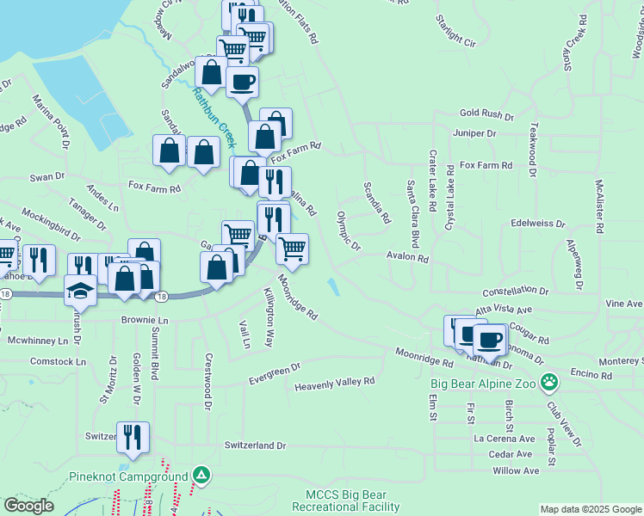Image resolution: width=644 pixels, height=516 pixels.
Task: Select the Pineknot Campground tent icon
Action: pos(201,475)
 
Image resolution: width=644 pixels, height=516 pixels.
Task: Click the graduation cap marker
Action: pos(80,290)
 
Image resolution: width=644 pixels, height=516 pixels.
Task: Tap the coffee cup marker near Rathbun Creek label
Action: pos(242,82)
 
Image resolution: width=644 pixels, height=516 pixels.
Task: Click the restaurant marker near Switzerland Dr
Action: pos(133,437)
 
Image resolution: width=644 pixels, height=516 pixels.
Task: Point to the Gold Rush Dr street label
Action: pos(486,114)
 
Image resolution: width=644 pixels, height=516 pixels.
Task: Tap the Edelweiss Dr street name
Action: pos(537,223)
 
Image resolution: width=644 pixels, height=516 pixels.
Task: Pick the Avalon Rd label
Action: pos(407,257)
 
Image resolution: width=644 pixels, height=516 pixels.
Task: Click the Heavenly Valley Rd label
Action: pos(335,381)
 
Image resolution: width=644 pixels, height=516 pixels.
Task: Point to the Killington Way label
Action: pos(269,318)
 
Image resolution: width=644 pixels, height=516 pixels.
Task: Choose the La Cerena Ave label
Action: pos(504,437)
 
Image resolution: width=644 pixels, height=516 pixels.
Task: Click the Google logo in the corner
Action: pos(28,506)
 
